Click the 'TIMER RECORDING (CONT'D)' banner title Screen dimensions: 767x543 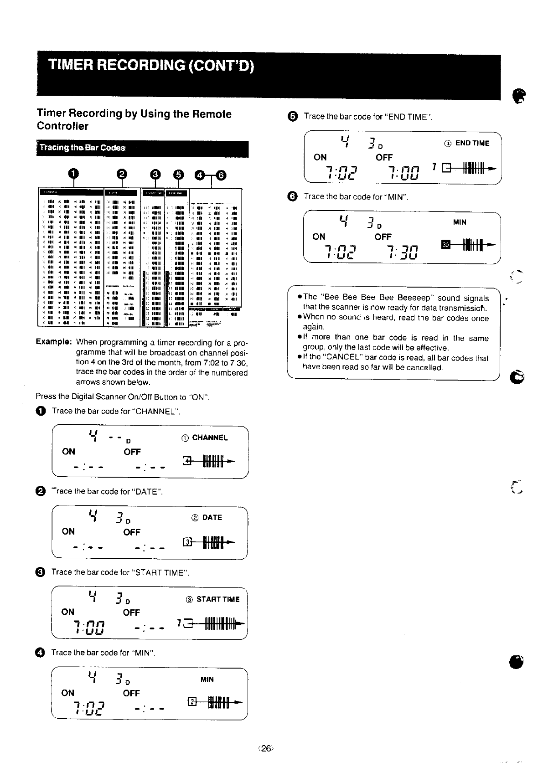coord(150,66)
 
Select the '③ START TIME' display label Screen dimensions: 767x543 coord(212,599)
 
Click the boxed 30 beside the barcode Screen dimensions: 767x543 coord(446,245)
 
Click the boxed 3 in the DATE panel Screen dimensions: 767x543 coord(186,542)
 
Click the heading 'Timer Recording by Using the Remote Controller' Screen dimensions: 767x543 coord(134,120)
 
